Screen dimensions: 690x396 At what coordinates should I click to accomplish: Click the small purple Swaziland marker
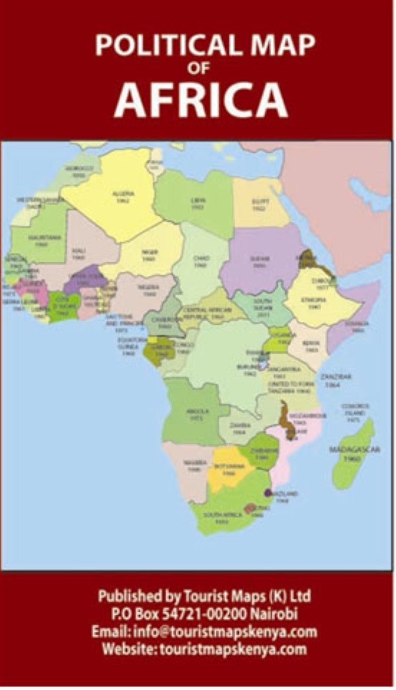267,493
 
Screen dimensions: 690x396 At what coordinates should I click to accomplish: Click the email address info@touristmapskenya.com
204,632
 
